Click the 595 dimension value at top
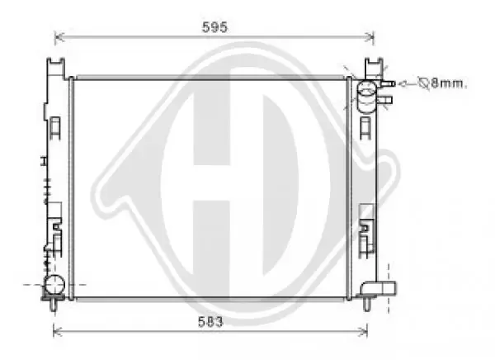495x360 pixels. click(214, 26)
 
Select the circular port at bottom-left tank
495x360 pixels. click(54, 285)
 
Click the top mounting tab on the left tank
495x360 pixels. click(54, 64)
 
